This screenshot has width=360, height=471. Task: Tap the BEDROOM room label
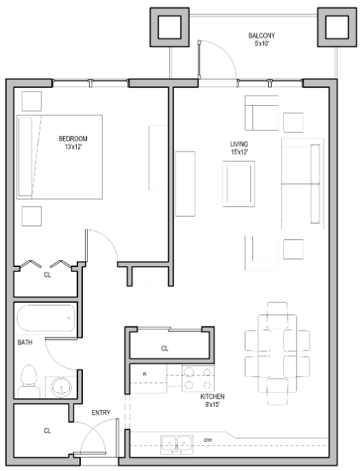(x=73, y=142)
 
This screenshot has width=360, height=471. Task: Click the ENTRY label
(x=101, y=413)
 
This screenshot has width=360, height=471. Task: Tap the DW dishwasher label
(x=207, y=439)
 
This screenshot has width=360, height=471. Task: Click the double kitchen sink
(x=176, y=443)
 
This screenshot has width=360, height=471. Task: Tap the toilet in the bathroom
(x=29, y=381)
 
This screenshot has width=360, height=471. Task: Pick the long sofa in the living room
(x=303, y=184)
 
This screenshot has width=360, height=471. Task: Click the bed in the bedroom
(x=60, y=157)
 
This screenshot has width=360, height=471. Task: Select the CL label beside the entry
(x=47, y=430)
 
